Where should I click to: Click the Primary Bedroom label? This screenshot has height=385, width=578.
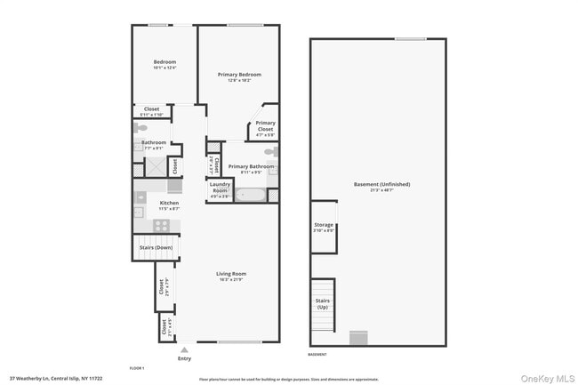[x=238, y=75]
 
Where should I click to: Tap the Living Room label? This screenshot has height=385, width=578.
[x=231, y=274]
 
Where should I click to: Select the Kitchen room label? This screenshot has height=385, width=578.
[x=169, y=204]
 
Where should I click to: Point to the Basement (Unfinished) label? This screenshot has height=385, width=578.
[x=381, y=184]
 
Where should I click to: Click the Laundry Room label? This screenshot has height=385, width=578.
[x=220, y=188]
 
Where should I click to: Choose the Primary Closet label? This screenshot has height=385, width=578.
[x=265, y=126]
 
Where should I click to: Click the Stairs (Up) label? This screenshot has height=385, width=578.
[x=322, y=304]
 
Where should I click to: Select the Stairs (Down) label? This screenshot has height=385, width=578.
[x=157, y=247]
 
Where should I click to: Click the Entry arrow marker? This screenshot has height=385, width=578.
[x=184, y=350]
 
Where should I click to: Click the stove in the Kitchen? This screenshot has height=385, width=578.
[x=162, y=225]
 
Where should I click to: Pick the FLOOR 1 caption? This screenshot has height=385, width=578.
[x=136, y=367]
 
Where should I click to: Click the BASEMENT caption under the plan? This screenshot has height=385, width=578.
[x=317, y=355]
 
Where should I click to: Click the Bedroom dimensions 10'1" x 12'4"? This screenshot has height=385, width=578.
[x=165, y=68]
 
